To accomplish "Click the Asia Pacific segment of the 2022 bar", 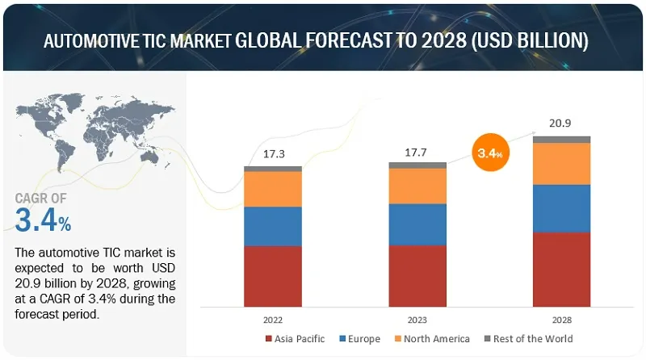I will tap(273, 276).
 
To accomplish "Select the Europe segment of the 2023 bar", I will tap(417, 224).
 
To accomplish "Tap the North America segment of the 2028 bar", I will tap(561, 163).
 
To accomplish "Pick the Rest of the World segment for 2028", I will tap(561, 140).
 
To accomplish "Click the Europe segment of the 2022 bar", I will tap(273, 226).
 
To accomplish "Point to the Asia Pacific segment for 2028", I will tap(561, 270).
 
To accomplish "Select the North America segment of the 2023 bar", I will tap(417, 186).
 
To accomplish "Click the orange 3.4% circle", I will tap(490, 152).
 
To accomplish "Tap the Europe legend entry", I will tap(361, 338).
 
